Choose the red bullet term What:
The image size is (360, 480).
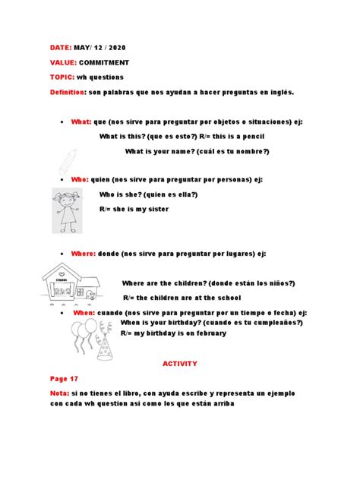[x=81, y=121]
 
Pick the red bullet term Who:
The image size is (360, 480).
[x=81, y=179]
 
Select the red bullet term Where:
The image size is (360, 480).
[x=84, y=253]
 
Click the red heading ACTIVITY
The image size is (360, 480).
[x=180, y=364]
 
